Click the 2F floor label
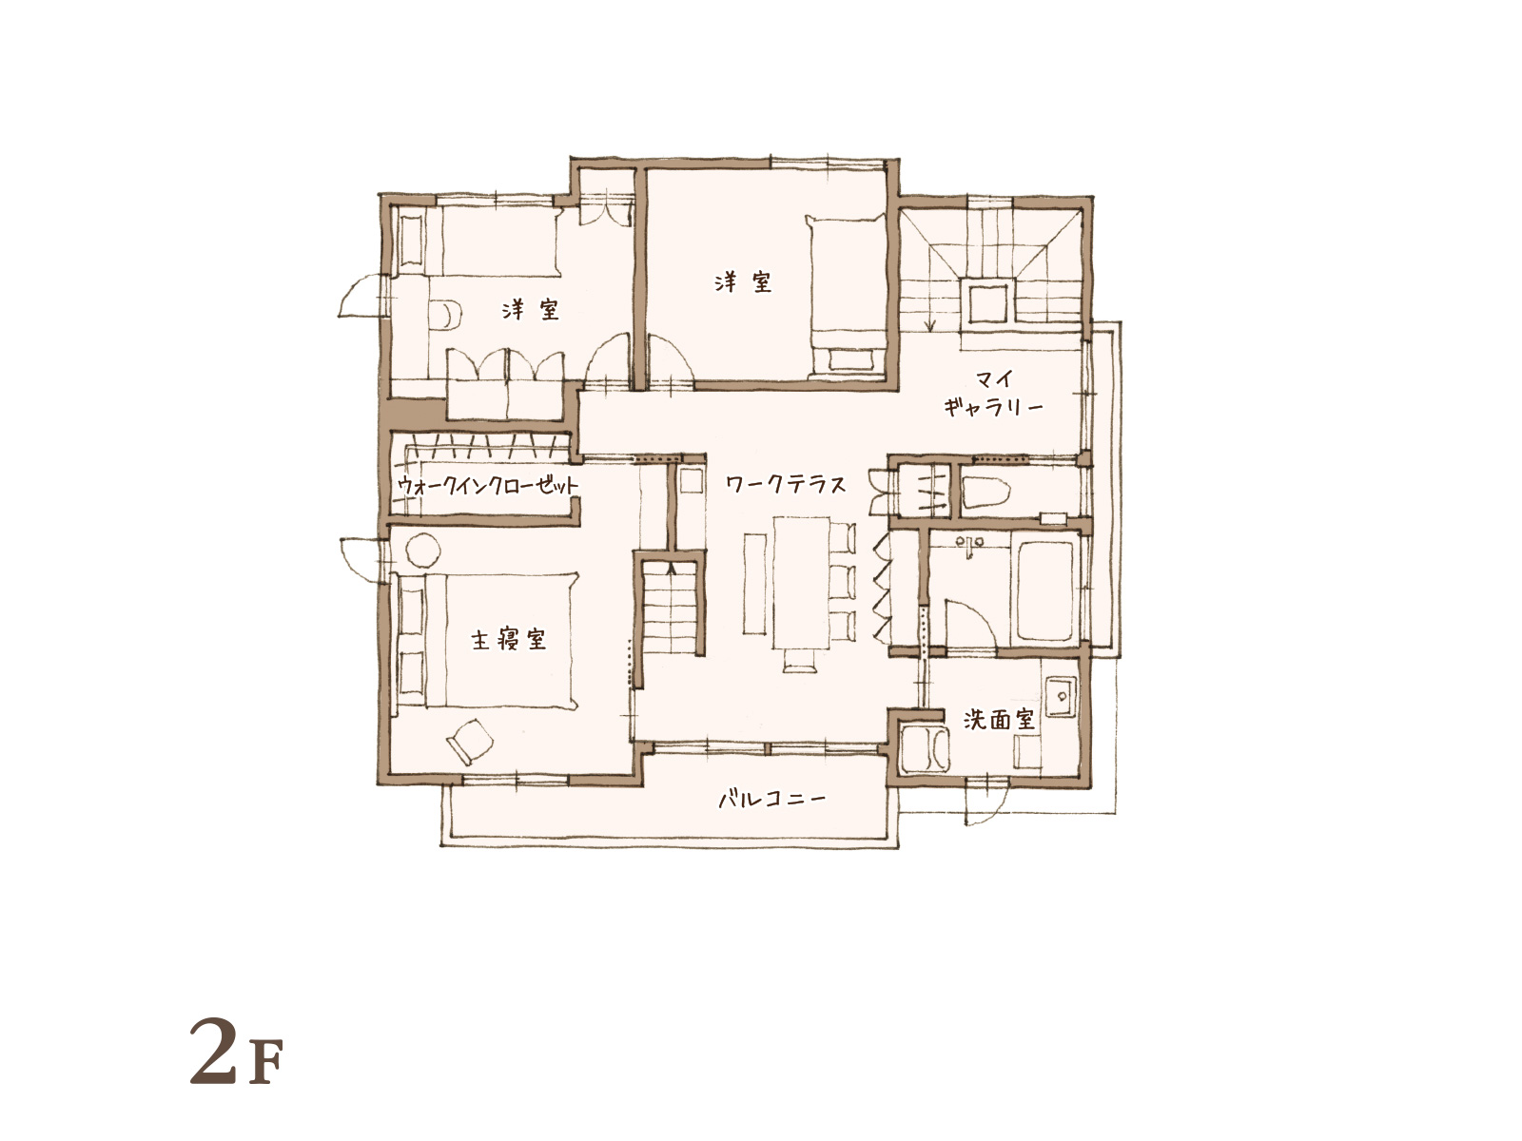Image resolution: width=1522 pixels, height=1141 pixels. click(x=236, y=1051)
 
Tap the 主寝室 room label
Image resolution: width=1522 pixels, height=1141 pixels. click(x=508, y=639)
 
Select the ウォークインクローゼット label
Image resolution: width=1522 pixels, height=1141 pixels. click(x=487, y=485)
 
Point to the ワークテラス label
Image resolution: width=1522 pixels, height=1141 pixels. click(x=786, y=484)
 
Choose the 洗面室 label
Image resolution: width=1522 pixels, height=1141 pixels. click(x=999, y=720)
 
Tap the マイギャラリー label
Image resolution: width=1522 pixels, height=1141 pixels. click(x=994, y=393)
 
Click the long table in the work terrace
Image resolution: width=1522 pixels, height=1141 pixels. click(x=803, y=583)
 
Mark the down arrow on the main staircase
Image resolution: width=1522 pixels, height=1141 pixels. click(x=930, y=307)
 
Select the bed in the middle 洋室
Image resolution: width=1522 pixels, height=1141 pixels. click(x=847, y=296)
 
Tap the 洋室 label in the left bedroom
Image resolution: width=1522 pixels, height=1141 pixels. click(x=531, y=309)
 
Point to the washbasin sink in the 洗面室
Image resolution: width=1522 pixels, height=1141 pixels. click(x=1061, y=695)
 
